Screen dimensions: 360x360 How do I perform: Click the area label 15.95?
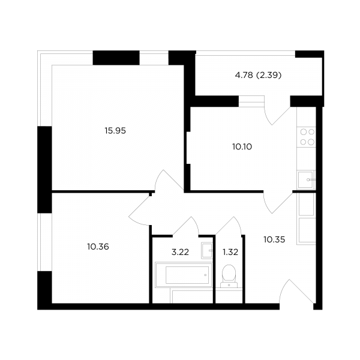[115, 131]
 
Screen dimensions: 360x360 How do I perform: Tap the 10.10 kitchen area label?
[242, 146]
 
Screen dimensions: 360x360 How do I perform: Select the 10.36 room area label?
[98, 247]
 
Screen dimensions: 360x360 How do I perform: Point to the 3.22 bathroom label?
[180, 252]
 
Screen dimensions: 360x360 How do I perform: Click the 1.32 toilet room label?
[230, 252]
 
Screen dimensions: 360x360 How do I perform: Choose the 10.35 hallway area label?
[274, 239]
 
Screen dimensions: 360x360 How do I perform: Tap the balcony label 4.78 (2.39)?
[258, 75]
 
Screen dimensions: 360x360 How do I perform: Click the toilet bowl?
[229, 276]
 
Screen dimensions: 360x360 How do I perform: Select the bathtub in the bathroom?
[184, 275]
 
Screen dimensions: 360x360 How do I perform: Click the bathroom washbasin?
[207, 250]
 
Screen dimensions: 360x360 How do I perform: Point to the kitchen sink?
[306, 180]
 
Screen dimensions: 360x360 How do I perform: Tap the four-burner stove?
[307, 137]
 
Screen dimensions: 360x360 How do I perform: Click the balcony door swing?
[277, 110]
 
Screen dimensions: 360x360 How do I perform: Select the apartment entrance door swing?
[296, 292]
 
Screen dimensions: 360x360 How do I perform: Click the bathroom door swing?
[186, 226]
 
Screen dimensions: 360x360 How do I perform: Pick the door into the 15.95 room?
[169, 181]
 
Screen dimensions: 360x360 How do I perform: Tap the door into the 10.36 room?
[140, 209]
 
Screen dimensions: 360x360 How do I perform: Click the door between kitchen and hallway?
[278, 202]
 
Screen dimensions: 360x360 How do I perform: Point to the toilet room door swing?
[229, 226]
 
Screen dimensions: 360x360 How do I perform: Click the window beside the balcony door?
[251, 101]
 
